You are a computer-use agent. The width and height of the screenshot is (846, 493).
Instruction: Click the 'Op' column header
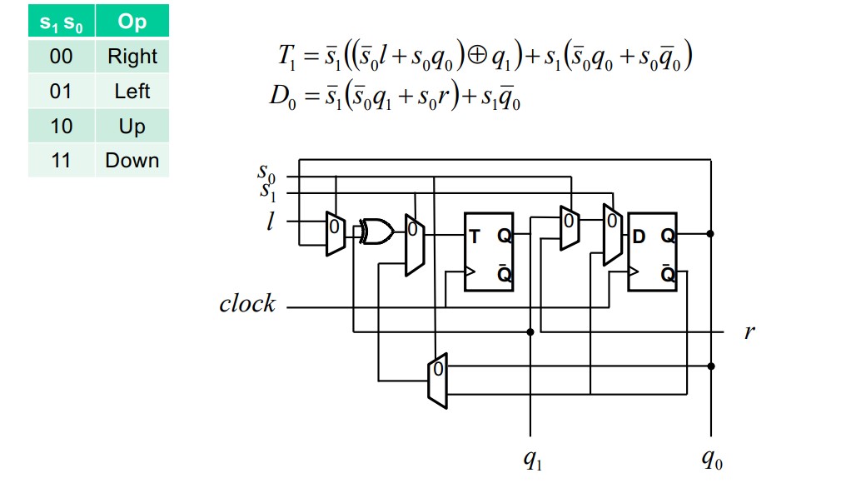[132, 22]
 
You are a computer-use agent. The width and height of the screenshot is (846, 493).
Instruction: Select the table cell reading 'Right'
[132, 57]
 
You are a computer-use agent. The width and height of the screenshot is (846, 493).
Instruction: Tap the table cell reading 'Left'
[132, 91]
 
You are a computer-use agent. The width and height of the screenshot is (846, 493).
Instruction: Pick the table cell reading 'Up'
[132, 127]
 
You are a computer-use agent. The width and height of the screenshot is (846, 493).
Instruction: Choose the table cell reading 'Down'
[132, 160]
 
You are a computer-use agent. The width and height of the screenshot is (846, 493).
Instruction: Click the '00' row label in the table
[61, 57]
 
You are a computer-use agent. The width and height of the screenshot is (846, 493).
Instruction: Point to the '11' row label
[61, 160]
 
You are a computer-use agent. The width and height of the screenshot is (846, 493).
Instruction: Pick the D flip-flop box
[652, 251]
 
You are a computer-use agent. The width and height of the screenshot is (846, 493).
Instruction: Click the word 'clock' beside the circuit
[246, 304]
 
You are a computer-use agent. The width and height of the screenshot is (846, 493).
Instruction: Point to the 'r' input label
[749, 332]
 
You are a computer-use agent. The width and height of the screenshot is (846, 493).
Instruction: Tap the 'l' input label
[270, 222]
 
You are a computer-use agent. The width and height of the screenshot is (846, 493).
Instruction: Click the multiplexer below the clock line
[437, 381]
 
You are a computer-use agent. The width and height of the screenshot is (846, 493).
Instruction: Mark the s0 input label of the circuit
[266, 173]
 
